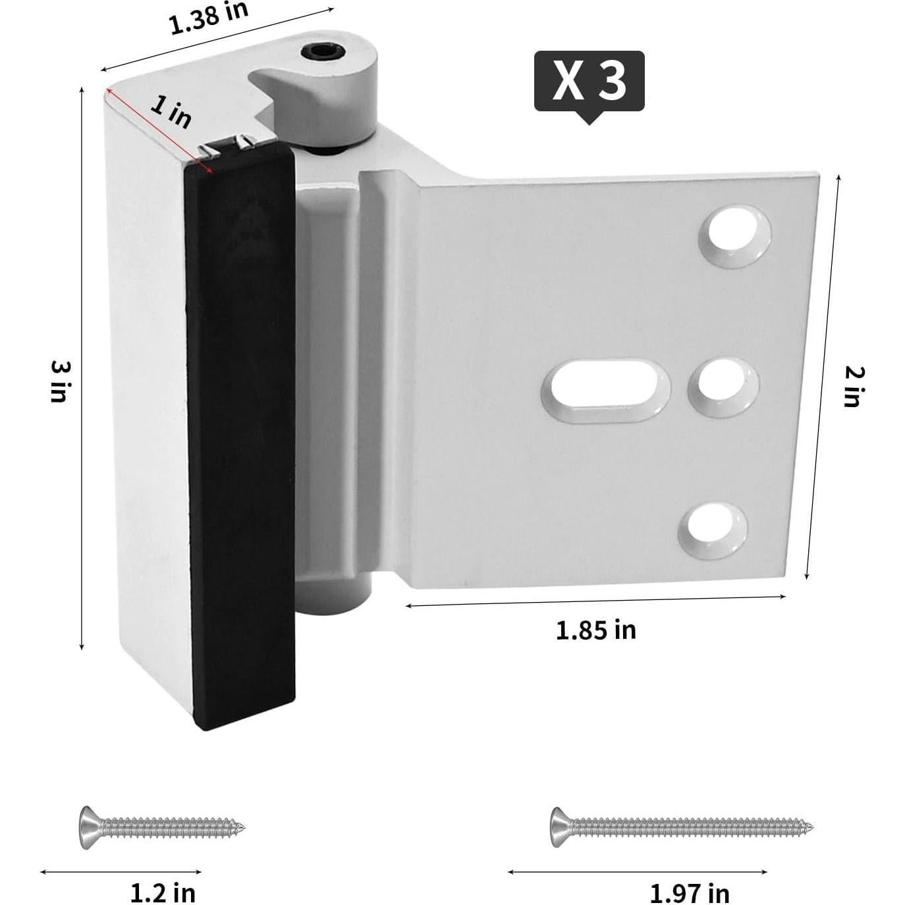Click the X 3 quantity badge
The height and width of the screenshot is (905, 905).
pos(589,81)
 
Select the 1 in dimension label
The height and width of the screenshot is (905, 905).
pos(171,111)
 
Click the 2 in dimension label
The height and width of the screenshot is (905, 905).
pos(854,387)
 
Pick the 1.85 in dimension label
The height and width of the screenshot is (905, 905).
pos(596,630)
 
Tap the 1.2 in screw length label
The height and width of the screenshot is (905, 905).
pos(163,893)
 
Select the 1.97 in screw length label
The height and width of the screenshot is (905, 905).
pos(690,894)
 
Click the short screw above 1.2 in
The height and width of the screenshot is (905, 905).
pos(162,827)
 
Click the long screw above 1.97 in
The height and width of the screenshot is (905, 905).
pos(681,827)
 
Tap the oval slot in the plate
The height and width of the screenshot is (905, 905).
pos(605,390)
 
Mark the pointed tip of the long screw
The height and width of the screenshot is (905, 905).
pos(810,827)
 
